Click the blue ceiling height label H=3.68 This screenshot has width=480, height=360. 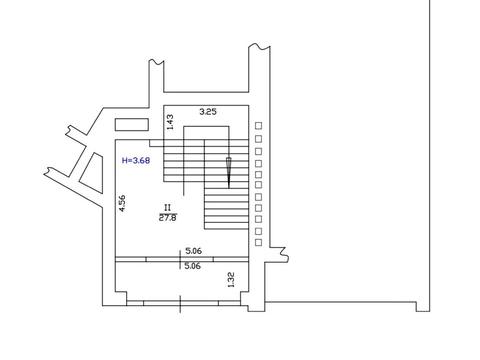pyautogui.click(x=136, y=160)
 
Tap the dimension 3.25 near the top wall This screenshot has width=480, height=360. pyautogui.click(x=208, y=112)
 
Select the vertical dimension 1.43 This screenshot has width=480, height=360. pyautogui.click(x=170, y=122)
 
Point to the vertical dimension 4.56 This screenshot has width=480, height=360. pyautogui.click(x=122, y=203)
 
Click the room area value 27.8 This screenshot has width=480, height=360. pyautogui.click(x=168, y=218)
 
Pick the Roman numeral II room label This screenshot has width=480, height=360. pyautogui.click(x=167, y=208)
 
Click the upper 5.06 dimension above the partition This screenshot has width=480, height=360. pyautogui.click(x=193, y=251)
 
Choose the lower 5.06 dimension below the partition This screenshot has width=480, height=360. pyautogui.click(x=193, y=266)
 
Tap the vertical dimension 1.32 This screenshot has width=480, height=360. pyautogui.click(x=231, y=280)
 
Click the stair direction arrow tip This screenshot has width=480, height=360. pyautogui.click(x=229, y=188)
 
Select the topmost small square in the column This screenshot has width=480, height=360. pyautogui.click(x=258, y=126)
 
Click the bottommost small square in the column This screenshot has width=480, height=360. pyautogui.click(x=258, y=242)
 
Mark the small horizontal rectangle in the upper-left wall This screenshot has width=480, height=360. pyautogui.click(x=132, y=124)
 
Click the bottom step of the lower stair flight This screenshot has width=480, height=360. pyautogui.click(x=227, y=226)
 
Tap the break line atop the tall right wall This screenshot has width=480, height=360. pyautogui.click(x=259, y=46)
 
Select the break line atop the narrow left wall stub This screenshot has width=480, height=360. pyautogui.click(x=156, y=62)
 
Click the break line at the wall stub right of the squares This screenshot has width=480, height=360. pyautogui.click(x=284, y=255)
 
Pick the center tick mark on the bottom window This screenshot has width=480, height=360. pyautogui.click(x=180, y=303)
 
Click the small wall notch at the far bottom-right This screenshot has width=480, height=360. pyautogui.click(x=423, y=307)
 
